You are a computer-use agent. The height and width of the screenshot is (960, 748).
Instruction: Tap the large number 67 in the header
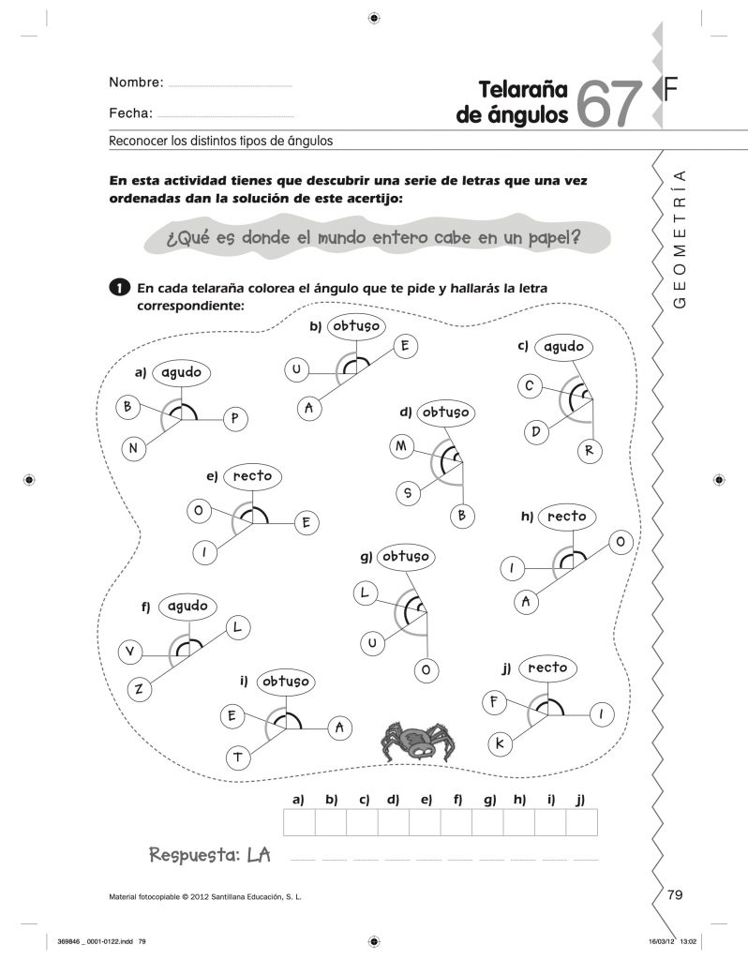611,102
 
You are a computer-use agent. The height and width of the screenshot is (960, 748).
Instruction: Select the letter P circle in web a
234,420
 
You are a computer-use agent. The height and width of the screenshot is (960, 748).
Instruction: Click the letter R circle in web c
590,450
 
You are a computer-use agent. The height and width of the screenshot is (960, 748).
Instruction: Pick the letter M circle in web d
401,447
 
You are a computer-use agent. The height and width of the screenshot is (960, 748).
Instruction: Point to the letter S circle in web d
409,491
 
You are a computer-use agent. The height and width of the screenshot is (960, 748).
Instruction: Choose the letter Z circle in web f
138,690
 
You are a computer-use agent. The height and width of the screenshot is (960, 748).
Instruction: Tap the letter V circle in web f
129,652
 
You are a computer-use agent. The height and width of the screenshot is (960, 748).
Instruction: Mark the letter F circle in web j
493,701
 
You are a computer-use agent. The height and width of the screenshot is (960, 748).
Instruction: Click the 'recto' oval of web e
252,476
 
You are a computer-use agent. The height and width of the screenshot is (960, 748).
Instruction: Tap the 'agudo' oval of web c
563,348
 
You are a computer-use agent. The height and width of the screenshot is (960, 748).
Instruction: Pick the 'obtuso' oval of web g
405,557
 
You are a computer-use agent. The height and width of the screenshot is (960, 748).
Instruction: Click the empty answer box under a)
299,822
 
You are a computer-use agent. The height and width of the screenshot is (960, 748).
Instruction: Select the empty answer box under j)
581,822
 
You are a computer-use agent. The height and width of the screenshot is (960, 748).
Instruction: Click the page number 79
675,894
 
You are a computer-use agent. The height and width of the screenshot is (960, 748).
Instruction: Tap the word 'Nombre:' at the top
137,82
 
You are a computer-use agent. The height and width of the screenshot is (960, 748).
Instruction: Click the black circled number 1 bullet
117,287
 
